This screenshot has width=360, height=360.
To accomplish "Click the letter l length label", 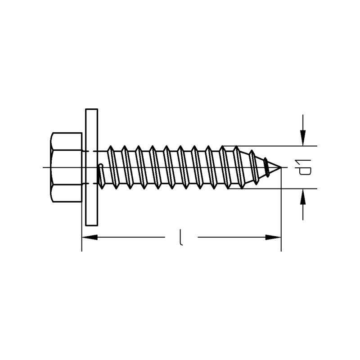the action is pyautogui.click(x=181, y=237).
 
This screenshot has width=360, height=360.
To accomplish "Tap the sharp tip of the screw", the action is pyautogui.click(x=281, y=167).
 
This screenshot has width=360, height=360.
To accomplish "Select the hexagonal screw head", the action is pyautogui.click(x=66, y=167).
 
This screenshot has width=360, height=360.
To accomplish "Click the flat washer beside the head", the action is pyautogui.click(x=92, y=167).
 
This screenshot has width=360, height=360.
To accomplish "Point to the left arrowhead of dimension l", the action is pyautogui.click(x=90, y=237).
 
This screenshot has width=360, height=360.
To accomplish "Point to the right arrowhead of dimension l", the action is pyautogui.click(x=273, y=237).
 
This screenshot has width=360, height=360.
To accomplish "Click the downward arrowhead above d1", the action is pyautogui.click(x=303, y=138).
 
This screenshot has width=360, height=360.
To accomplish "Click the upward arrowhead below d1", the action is pyautogui.click(x=303, y=197).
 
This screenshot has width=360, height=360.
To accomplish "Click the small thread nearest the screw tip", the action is pyautogui.click(x=266, y=167).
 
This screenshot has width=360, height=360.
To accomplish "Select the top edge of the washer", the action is pyautogui.click(x=92, y=109).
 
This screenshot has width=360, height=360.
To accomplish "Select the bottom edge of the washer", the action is pyautogui.click(x=92, y=225).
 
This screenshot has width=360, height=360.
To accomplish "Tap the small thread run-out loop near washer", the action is pyautogui.click(x=101, y=176).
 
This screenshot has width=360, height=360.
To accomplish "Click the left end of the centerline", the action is pyautogui.click(x=43, y=167).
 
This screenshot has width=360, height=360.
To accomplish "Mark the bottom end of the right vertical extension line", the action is pyautogui.click(x=281, y=252).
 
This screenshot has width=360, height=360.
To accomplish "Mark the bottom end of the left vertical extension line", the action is pyautogui.click(x=82, y=252).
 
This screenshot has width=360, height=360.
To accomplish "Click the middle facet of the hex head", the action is pyautogui.click(x=66, y=167).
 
